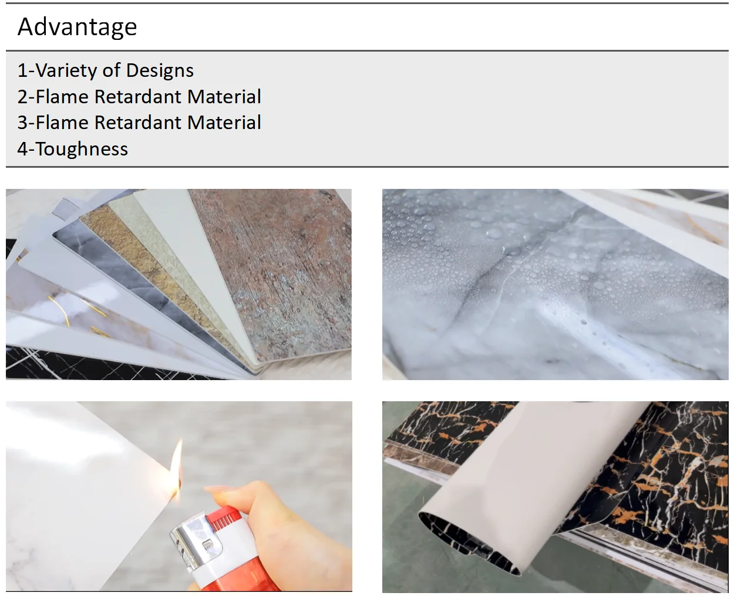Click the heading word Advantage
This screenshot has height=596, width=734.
pyautogui.click(x=77, y=27)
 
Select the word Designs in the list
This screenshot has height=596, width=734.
pyautogui.click(x=160, y=70)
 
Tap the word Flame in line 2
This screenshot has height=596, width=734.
pyautogui.click(x=62, y=97)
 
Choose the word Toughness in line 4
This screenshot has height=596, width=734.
pyautogui.click(x=82, y=149)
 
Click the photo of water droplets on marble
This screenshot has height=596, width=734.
pyautogui.click(x=555, y=284)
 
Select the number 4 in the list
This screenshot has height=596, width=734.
pyautogui.click(x=22, y=149)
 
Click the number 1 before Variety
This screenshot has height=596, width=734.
pyautogui.click(x=22, y=70)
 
